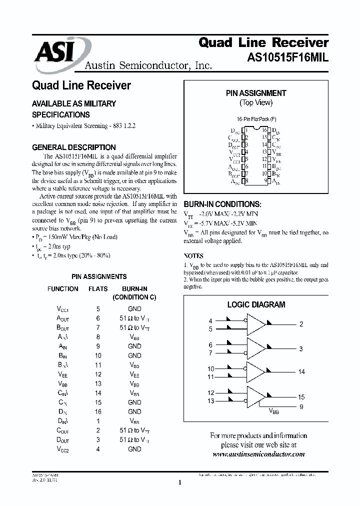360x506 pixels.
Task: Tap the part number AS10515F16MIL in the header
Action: tap(288, 57)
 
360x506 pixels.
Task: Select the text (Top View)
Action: tap(256, 102)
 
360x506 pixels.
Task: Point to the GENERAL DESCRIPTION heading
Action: tap(73, 147)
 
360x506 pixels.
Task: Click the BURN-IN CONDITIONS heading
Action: tap(222, 204)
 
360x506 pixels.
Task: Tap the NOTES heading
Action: tap(194, 255)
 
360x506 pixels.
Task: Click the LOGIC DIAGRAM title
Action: tap(256, 304)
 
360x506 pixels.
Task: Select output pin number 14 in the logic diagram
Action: tap(301, 371)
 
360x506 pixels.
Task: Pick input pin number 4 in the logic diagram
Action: tap(210, 320)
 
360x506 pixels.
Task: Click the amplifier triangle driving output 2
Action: tap(257, 324)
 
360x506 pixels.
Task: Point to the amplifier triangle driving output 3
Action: tap(257, 348)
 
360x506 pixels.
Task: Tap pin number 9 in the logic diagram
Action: tap(301, 406)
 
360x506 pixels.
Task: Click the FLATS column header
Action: tap(98, 289)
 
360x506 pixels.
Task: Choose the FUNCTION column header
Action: tap(62, 289)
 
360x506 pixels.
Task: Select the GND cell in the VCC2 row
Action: tap(134, 449)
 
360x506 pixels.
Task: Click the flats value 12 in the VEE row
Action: tap(98, 374)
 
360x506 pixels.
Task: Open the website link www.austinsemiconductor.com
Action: tap(258, 454)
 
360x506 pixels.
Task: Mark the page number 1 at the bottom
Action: tap(179, 482)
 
